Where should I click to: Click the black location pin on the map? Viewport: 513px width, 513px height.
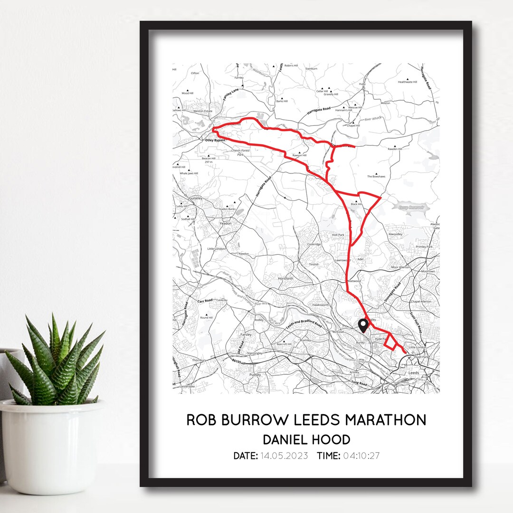click(363, 325)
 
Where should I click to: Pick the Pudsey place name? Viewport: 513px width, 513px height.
click(256, 374)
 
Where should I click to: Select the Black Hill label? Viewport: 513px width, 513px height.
click(356, 204)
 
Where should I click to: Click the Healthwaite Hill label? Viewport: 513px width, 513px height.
click(407, 82)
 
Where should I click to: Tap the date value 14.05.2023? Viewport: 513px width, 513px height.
click(284, 456)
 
